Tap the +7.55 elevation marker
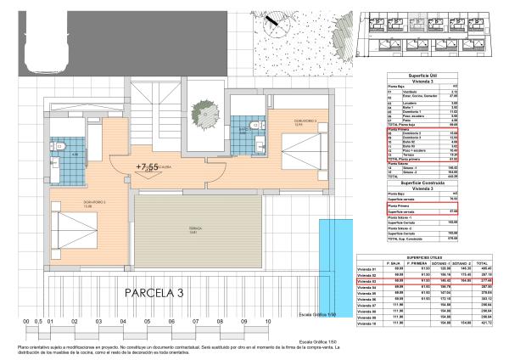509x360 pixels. (150, 167)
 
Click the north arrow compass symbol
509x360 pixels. (272, 18)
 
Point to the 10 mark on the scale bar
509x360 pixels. (268, 323)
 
